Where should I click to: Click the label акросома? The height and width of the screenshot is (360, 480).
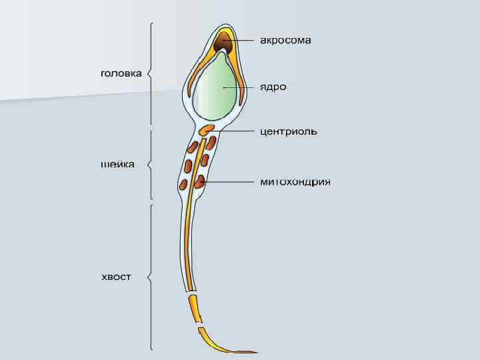tap(285, 41)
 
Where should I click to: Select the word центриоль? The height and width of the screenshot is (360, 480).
tap(288, 131)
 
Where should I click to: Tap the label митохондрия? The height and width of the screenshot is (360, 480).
tap(295, 182)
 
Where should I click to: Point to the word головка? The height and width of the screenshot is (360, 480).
tap(121, 73)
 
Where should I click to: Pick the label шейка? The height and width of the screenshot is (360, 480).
tap(117, 165)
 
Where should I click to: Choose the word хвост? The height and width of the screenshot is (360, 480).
tap(115, 277)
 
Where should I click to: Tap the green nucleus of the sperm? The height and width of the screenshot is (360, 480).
tap(216, 87)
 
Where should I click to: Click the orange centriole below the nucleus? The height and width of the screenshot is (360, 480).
tap(207, 129)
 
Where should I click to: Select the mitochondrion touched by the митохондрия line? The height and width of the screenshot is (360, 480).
tap(201, 180)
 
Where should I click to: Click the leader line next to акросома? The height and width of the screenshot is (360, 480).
tap(241, 41)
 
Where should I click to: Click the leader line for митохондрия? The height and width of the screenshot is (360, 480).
tap(230, 181)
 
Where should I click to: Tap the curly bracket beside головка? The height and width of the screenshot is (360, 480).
tap(151, 73)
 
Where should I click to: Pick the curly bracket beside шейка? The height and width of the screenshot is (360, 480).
tap(151, 165)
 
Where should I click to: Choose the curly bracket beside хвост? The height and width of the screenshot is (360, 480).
tap(151, 277)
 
